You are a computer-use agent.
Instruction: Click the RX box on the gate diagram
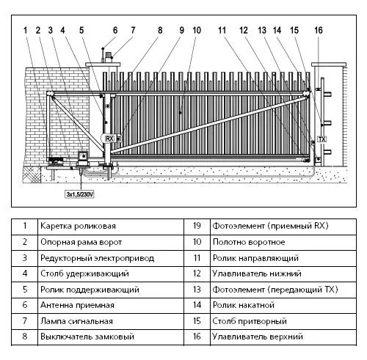109,139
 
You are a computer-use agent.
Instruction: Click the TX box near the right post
322,139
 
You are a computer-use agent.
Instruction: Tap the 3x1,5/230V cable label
80,194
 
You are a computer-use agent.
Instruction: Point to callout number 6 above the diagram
115,30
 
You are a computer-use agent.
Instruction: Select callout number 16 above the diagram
319,30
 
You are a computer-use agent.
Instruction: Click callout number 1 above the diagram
25,30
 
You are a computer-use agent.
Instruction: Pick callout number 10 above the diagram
197,30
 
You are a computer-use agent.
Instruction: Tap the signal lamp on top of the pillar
109,58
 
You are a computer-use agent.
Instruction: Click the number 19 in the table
197,226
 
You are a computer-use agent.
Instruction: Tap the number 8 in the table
25,337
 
